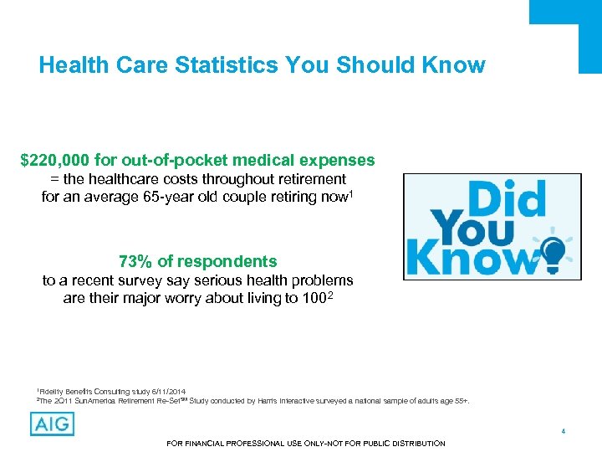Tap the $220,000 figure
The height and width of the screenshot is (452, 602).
point(55,159)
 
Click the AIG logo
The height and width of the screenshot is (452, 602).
point(52,424)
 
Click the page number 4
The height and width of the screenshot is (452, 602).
point(564,431)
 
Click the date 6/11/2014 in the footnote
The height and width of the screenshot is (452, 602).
point(170,391)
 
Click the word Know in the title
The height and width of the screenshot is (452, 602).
point(457,65)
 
